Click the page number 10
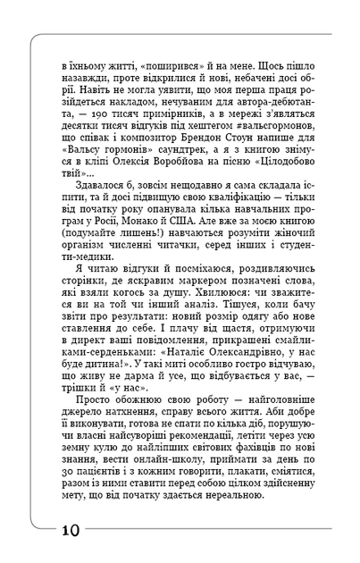point(70,529)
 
